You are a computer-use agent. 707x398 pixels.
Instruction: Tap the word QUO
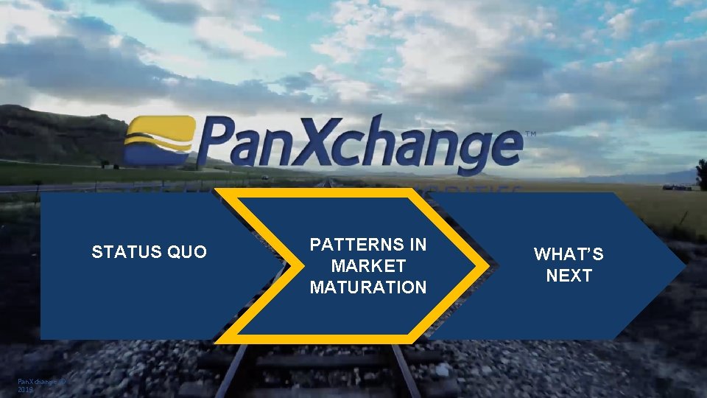[x=187, y=253]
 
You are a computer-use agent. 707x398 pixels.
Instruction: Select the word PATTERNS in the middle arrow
[x=368, y=245]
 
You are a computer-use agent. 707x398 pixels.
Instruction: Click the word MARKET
[x=368, y=265]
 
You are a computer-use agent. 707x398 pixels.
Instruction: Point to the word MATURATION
[x=368, y=287]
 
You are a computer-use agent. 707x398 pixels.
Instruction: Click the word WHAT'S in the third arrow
[x=569, y=254]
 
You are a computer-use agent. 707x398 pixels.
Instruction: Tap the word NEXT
[x=569, y=276]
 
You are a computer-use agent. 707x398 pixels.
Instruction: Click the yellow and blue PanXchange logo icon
[x=159, y=141]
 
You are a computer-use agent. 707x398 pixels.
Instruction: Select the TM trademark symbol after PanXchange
[x=530, y=134]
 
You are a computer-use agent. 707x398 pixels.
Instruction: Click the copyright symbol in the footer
[x=63, y=381]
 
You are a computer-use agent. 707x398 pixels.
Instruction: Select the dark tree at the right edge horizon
[x=701, y=174]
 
